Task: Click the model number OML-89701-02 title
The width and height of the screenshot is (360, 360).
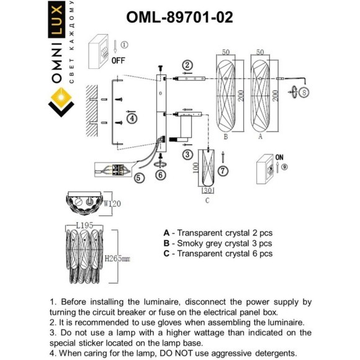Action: [179, 17]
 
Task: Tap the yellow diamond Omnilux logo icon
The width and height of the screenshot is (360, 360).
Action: [61, 100]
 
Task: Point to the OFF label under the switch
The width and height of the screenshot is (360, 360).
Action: [118, 61]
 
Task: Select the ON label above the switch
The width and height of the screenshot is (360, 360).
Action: [279, 157]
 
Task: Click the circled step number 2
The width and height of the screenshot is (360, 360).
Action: [187, 65]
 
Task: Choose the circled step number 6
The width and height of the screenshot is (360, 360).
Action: [161, 175]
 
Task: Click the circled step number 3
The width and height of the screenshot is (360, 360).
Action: [187, 154]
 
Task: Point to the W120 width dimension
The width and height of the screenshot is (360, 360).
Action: [112, 203]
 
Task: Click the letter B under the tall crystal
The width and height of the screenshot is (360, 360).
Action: [225, 136]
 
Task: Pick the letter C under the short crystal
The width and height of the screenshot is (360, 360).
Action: [207, 201]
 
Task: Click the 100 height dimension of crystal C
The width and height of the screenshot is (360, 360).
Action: [194, 168]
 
